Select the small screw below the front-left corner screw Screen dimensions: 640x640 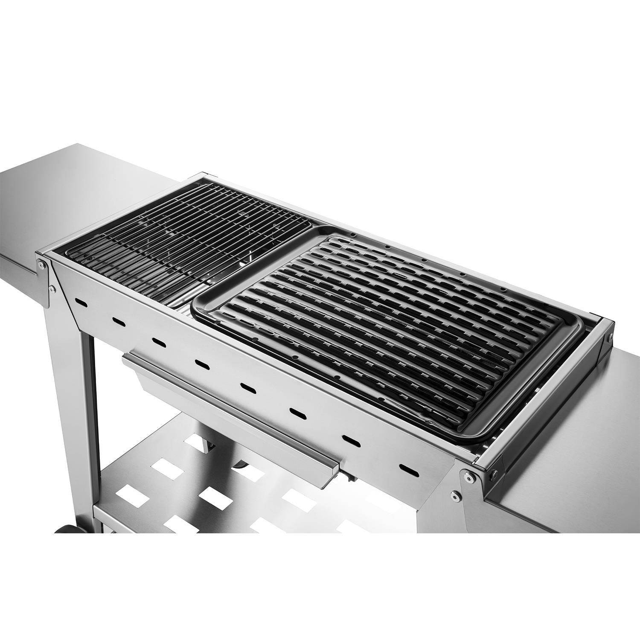point(52,289)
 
